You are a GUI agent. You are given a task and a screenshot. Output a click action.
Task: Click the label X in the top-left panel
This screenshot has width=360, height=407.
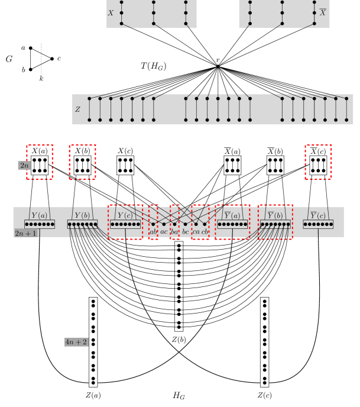(x=111, y=12)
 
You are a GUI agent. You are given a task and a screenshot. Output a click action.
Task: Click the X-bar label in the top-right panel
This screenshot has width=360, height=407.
(x=322, y=12)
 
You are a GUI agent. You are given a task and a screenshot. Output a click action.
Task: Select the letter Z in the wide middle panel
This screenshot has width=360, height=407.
(x=77, y=109)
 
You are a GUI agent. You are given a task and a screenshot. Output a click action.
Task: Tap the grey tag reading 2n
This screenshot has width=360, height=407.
(x=24, y=166)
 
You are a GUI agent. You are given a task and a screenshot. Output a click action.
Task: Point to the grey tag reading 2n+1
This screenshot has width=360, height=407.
(x=25, y=233)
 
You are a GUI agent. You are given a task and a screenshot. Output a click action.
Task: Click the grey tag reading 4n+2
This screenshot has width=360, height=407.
(x=76, y=342)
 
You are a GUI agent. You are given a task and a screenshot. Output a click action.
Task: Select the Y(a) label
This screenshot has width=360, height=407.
(x=39, y=215)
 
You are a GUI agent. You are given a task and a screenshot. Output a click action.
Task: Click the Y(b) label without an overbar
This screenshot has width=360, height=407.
(x=82, y=215)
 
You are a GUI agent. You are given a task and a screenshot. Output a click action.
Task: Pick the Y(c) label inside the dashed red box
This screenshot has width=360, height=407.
(x=125, y=215)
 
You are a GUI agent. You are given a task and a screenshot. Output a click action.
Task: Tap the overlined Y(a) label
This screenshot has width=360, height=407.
(x=232, y=215)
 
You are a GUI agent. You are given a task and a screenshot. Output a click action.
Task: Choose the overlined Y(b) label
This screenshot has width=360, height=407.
(x=275, y=215)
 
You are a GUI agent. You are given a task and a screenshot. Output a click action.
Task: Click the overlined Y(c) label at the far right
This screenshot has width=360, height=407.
(x=318, y=215)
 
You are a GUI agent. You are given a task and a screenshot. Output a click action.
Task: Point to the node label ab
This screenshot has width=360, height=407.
(x=153, y=231)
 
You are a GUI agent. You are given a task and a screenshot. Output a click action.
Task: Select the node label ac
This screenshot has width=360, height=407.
(x=164, y=231)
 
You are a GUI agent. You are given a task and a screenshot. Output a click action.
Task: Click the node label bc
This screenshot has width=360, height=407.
(x=185, y=231)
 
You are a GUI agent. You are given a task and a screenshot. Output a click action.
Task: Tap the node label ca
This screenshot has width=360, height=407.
(x=196, y=231)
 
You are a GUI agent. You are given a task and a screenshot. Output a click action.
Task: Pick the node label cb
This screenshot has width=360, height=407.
(x=205, y=231)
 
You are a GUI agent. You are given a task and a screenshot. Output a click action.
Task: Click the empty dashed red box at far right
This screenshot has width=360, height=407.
(x=318, y=161)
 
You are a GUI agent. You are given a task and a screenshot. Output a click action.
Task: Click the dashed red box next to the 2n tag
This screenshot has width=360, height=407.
(x=40, y=161)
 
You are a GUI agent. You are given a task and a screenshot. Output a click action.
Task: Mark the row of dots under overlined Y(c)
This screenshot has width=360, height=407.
(x=318, y=224)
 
